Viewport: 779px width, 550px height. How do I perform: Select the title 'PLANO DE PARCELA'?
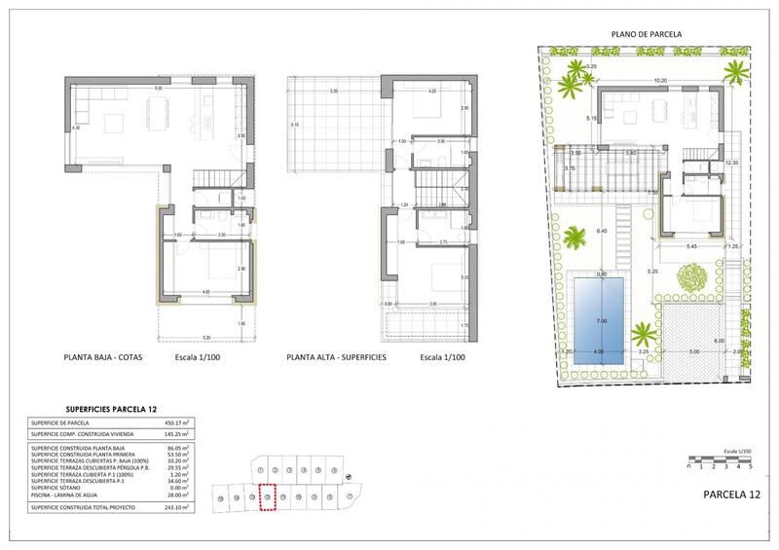tap(647, 34)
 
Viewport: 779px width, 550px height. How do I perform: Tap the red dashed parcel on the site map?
tap(268, 497)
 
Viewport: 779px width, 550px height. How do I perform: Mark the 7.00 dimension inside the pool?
tap(602, 321)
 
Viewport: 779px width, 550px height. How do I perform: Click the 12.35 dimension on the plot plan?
tap(733, 163)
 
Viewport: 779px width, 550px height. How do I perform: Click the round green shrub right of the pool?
tap(690, 281)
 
